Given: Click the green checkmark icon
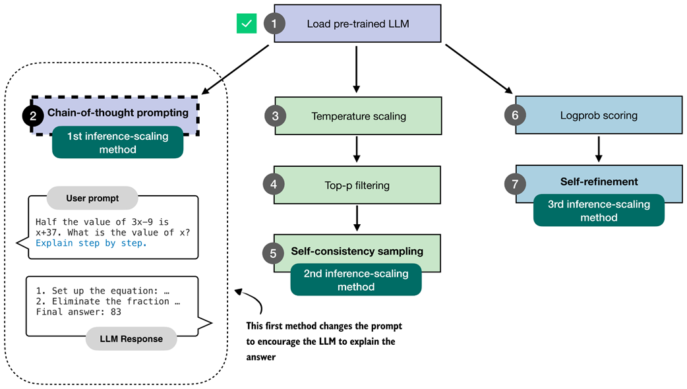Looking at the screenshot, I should click(247, 24).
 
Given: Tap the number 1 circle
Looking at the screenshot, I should click(274, 24).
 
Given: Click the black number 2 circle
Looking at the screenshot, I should click(33, 116).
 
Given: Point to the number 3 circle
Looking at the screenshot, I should click(274, 116).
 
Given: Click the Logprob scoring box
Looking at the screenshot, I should click(598, 115).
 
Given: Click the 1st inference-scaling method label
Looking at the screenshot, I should click(117, 143).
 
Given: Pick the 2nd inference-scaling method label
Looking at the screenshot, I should click(355, 280).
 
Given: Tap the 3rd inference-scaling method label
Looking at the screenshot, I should click(598, 211).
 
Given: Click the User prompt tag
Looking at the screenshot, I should click(92, 198).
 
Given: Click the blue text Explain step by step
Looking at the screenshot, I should click(91, 243).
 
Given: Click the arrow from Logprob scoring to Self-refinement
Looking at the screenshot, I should click(598, 149).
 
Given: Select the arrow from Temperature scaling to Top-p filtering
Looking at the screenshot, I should click(357, 150).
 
